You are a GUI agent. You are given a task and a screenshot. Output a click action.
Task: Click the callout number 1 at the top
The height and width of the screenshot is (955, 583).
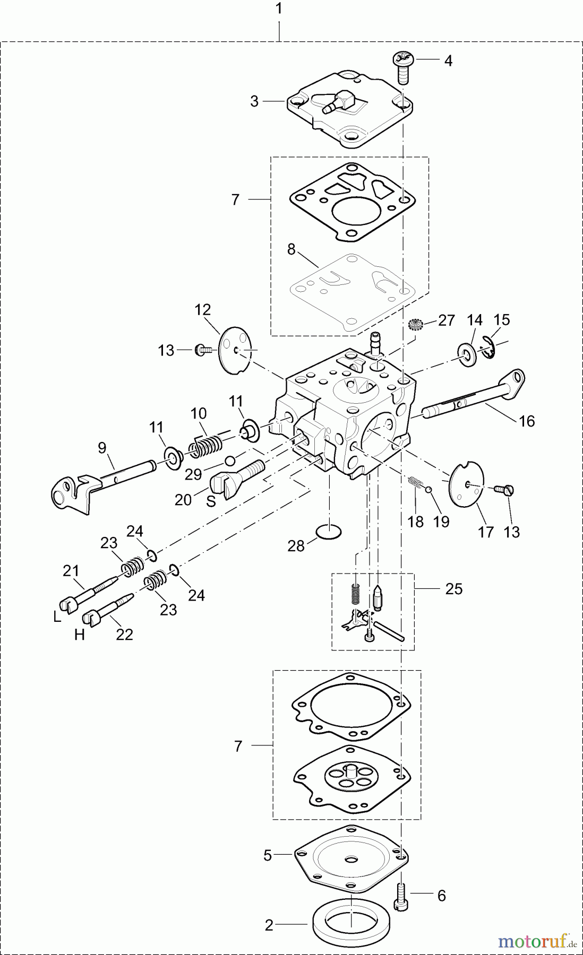click(278, 9)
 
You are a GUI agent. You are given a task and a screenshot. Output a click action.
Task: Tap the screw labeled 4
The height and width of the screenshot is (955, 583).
click(404, 67)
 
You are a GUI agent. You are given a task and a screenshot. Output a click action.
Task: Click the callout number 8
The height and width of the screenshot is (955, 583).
click(291, 249)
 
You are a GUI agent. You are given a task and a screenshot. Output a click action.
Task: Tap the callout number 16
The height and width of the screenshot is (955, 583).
click(526, 421)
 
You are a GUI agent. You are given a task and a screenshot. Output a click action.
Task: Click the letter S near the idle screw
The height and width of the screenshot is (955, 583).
click(211, 501)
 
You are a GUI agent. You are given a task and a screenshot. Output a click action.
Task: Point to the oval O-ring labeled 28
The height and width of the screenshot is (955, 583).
click(329, 531)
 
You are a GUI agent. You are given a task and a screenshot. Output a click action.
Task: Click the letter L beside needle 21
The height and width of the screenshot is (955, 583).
click(57, 617)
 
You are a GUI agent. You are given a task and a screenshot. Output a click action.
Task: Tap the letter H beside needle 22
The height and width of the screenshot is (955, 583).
click(79, 635)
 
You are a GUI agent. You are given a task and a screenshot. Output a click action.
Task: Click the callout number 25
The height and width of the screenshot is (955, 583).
click(454, 589)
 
